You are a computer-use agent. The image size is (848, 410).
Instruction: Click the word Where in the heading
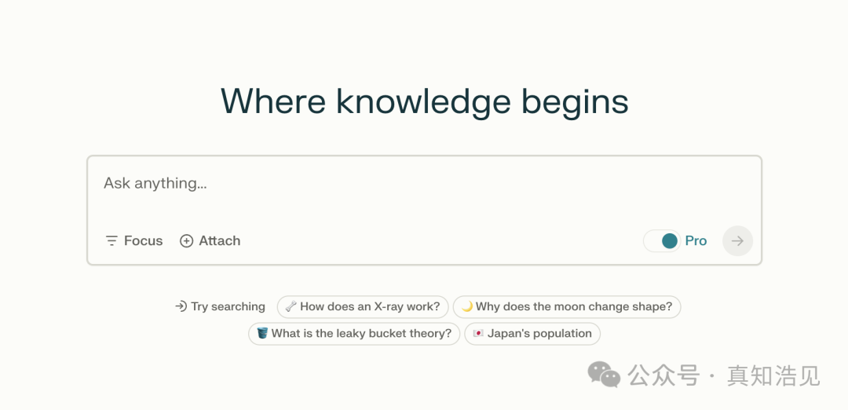click(273, 101)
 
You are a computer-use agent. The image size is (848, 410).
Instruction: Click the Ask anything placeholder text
click(155, 183)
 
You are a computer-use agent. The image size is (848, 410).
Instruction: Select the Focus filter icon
click(111, 240)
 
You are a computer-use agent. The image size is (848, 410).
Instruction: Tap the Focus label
click(144, 240)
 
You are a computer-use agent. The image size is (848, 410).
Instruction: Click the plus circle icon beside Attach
click(186, 240)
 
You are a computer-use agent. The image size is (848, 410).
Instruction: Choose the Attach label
click(220, 240)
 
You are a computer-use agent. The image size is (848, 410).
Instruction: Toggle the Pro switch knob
click(670, 240)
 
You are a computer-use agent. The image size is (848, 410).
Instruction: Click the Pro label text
click(696, 240)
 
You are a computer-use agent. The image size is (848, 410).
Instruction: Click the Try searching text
click(228, 306)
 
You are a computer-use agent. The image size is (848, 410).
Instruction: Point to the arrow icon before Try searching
click(181, 306)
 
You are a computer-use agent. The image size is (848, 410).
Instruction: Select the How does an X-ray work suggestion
click(363, 306)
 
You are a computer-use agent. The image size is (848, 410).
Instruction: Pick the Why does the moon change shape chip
click(567, 306)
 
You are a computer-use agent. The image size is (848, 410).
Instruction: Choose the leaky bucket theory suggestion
click(354, 334)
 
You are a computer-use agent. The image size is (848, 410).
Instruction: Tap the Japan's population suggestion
click(532, 334)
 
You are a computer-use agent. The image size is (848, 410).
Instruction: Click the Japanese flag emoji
click(478, 334)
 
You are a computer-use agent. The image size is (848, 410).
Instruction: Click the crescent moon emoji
click(467, 306)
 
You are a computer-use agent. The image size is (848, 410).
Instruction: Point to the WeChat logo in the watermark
click(604, 375)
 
